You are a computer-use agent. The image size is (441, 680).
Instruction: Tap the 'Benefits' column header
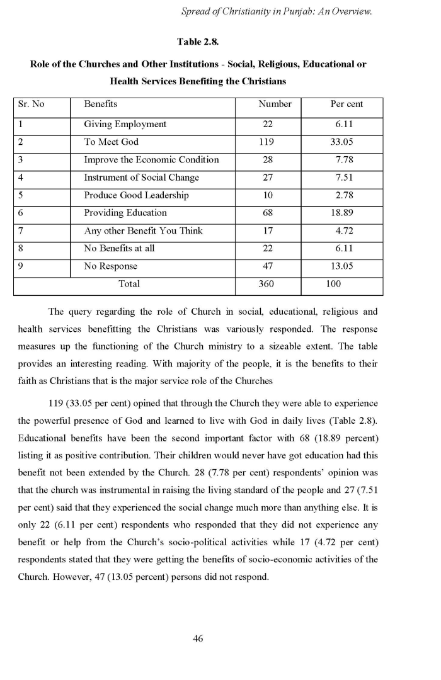101,104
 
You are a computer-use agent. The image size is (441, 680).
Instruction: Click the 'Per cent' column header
346,104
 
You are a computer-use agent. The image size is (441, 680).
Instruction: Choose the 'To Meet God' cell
111,142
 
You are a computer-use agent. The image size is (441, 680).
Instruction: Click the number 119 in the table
266,142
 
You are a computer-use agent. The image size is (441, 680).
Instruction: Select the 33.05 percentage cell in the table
342,142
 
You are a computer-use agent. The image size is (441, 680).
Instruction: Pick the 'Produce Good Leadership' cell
136,195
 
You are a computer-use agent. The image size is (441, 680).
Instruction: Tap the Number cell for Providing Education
266,213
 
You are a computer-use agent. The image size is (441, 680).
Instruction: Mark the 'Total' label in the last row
129,284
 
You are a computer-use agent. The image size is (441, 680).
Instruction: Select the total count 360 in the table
266,284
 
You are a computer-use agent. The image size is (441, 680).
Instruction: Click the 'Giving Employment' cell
125,125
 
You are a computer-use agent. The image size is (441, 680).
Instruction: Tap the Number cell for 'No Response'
266,266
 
